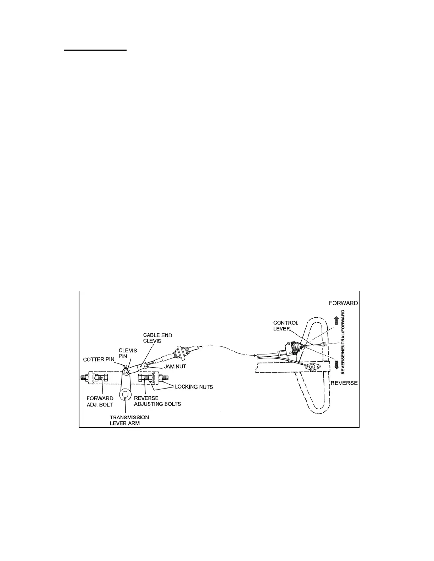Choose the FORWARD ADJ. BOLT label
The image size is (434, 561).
pos(100,401)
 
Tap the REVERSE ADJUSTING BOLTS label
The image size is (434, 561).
pos(157,401)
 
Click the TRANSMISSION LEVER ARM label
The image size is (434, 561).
pos(129,420)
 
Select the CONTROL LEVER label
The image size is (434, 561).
pos(285,325)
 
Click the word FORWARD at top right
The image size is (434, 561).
pos(343,303)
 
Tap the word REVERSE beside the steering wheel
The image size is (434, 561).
pos(344,383)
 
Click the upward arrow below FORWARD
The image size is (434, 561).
pos(336,321)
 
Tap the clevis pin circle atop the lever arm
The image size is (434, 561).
pos(127,371)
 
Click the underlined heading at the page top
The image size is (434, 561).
pos(95,50)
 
